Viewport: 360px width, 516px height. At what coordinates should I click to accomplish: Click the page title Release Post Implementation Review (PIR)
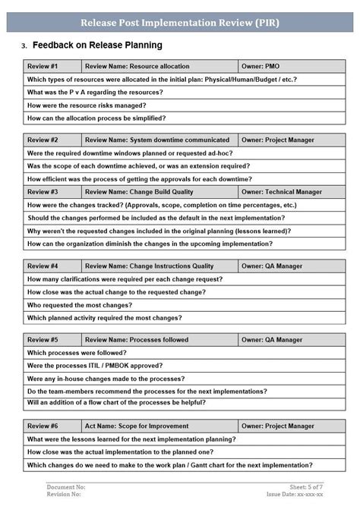180,23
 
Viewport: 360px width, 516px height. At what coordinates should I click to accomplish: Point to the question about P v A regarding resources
95,93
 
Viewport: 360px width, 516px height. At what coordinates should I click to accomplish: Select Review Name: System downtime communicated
157,140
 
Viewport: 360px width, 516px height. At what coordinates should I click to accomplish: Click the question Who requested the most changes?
79,305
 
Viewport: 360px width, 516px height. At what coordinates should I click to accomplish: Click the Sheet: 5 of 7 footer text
307,486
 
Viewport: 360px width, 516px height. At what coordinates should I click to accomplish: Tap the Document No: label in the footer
66,486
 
